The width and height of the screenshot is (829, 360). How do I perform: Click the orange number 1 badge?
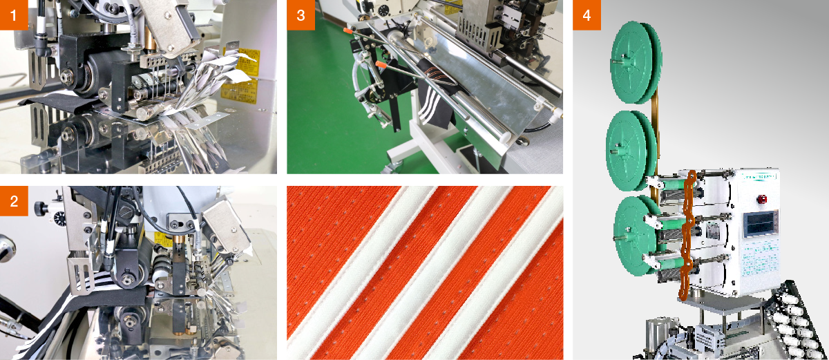15,15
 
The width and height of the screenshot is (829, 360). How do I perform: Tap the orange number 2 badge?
15,200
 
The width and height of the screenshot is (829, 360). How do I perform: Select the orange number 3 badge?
301,15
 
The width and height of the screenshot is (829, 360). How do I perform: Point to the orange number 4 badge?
587,15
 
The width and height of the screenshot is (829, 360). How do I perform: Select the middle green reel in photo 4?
629,141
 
